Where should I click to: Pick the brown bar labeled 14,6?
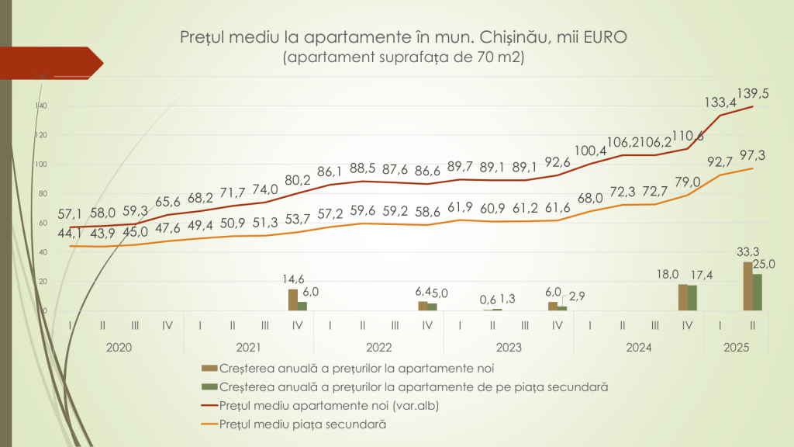click(292, 300)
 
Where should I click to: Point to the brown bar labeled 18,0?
click(682, 297)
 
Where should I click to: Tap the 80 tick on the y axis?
click(43, 193)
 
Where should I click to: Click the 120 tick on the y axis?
click(43, 135)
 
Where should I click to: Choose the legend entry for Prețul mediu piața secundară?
click(302, 424)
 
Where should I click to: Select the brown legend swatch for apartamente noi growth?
click(209, 367)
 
